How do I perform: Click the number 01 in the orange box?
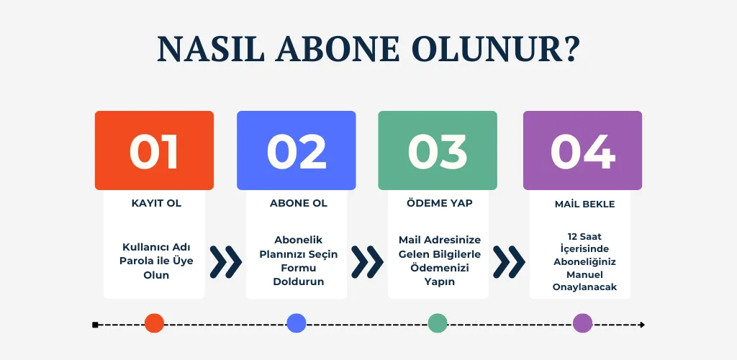pos(154,152)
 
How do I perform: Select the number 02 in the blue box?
pos(296,152)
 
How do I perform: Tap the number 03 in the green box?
pos(437,152)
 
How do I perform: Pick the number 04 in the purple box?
pos(582,152)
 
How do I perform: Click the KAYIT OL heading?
pos(156,204)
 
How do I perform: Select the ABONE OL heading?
pos(299,204)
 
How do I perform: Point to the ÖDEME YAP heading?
pos(440,203)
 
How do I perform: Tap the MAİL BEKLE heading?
pos(584,204)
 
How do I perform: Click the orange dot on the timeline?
pos(154,323)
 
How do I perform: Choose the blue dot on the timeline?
pos(296,323)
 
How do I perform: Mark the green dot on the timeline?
pos(437,323)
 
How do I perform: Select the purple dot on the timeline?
pos(582,323)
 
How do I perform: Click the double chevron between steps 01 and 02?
pos(225,262)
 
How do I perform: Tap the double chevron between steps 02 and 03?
pos(367,262)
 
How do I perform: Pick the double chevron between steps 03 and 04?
pos(509,262)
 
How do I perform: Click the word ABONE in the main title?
pos(338,49)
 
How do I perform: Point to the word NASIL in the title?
pos(211,49)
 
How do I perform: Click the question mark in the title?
pos(570,49)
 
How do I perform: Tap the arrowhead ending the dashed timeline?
pos(642,325)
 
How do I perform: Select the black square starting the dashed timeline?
pos(96,325)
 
